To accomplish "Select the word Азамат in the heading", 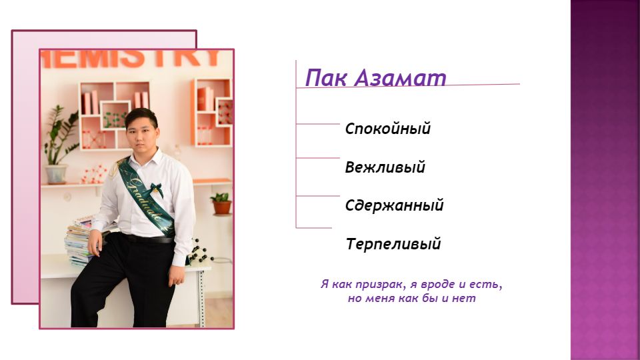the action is pos(400,77).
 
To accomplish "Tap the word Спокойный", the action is pos(388,129).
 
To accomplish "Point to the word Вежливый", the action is pos(385,167).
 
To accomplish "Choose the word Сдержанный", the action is pos(394,205).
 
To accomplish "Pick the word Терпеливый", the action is pos(393,244).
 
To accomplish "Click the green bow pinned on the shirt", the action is pos(155,189).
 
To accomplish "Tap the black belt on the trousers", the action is pos(148,239).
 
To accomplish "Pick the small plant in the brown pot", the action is pos(221,203).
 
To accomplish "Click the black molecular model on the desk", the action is pos(201,251).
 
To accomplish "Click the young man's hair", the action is pos(141,117).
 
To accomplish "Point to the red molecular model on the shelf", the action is pos(94,174).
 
